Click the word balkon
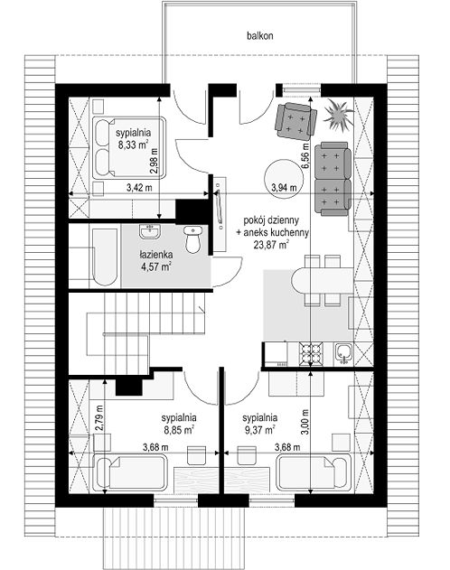pyautogui.click(x=260, y=35)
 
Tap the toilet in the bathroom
pyautogui.click(x=193, y=239)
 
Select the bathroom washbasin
pyautogui.click(x=149, y=232)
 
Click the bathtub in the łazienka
pyautogui.click(x=105, y=257)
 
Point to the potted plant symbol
pyautogui.click(x=338, y=115)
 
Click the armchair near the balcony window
pyautogui.click(x=295, y=121)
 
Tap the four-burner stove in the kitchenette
pyautogui.click(x=311, y=354)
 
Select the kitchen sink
pyautogui.click(x=343, y=352)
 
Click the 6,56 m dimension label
pyautogui.click(x=305, y=155)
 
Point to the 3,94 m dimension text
pyautogui.click(x=284, y=188)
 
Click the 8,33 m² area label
pyautogui.click(x=133, y=145)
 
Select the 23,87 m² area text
pyautogui.click(x=272, y=245)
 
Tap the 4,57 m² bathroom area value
pyautogui.click(x=156, y=266)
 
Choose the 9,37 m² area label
pyautogui.click(x=259, y=430)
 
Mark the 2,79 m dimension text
pyautogui.click(x=99, y=417)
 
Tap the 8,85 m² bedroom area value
pyautogui.click(x=179, y=430)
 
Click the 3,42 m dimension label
pyautogui.click(x=139, y=188)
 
